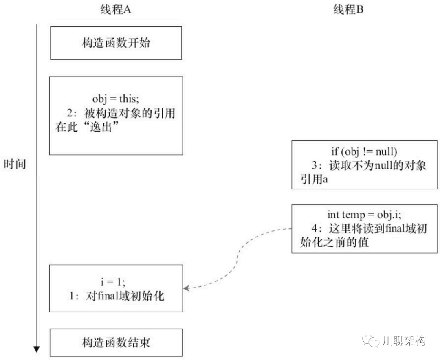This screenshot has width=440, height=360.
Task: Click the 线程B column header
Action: click(x=348, y=10)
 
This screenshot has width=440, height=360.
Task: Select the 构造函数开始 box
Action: click(x=116, y=43)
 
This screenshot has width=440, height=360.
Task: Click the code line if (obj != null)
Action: click(x=364, y=152)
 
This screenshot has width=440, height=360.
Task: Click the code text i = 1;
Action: click(x=116, y=281)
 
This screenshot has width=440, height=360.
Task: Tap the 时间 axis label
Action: click(x=15, y=164)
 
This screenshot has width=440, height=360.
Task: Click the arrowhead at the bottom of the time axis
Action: click(x=37, y=349)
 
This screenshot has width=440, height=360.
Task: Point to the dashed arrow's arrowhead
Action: click(x=186, y=288)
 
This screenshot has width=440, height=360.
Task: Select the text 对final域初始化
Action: click(x=125, y=296)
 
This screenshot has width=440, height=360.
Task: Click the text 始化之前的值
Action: click(x=334, y=242)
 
